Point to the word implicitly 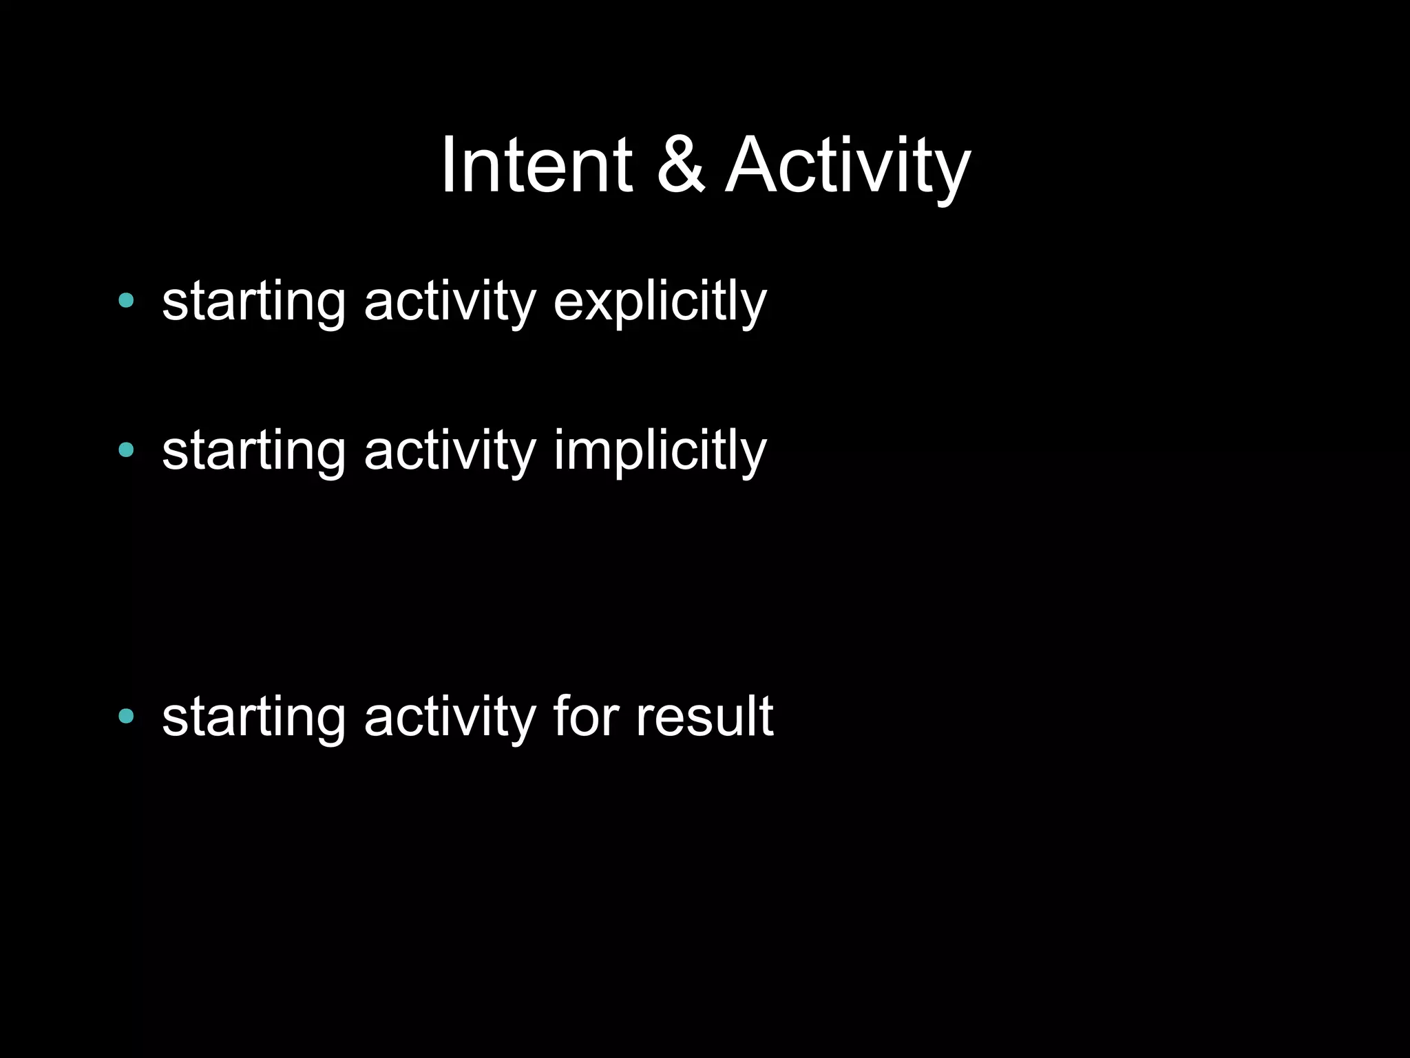pyautogui.click(x=660, y=451)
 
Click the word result pyautogui.click(x=704, y=717)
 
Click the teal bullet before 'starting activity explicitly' pyautogui.click(x=126, y=300)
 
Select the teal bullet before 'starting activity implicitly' pyautogui.click(x=126, y=450)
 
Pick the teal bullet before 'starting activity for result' pyautogui.click(x=126, y=717)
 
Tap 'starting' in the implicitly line pyautogui.click(x=253, y=451)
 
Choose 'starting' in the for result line pyautogui.click(x=253, y=717)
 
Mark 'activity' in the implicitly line pyautogui.click(x=450, y=451)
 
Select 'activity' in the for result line pyautogui.click(x=450, y=717)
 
